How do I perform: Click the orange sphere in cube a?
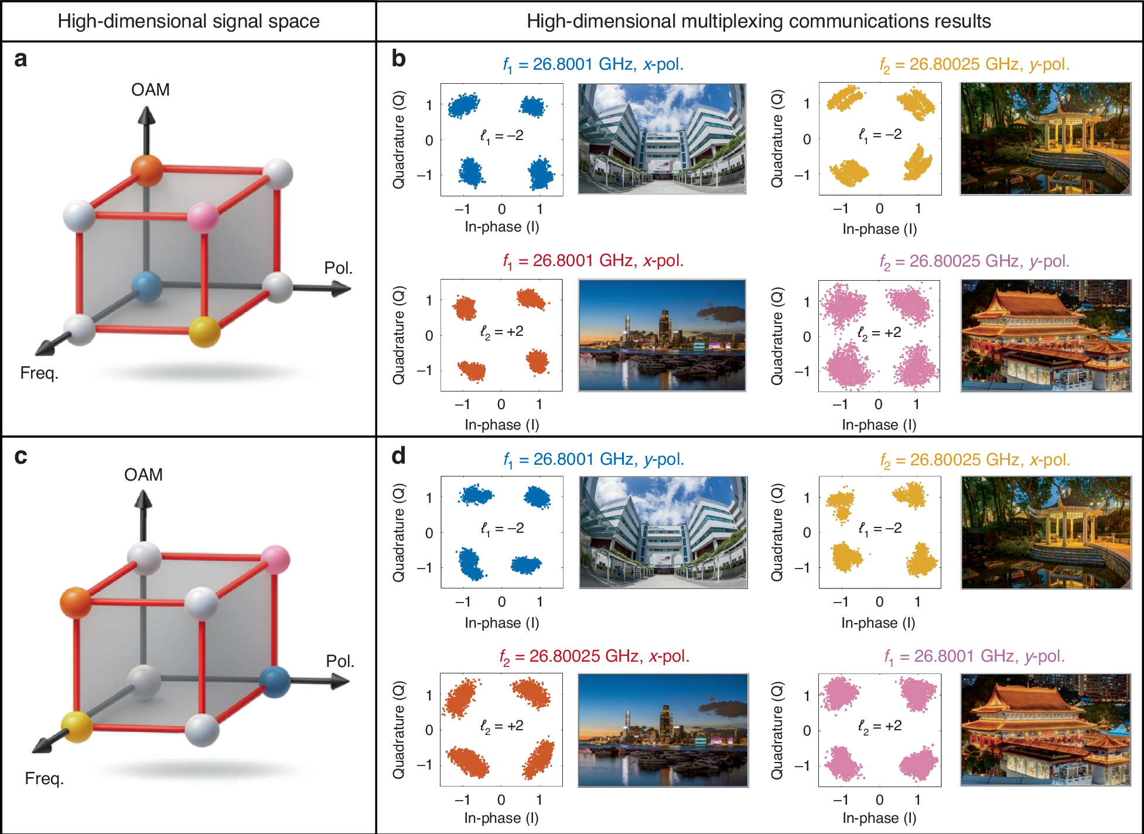pyautogui.click(x=147, y=171)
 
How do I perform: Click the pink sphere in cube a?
pyautogui.click(x=203, y=217)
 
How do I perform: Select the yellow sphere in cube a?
pyautogui.click(x=204, y=331)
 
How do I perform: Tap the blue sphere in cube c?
pyautogui.click(x=275, y=681)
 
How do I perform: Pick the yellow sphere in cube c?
pyautogui.click(x=77, y=727)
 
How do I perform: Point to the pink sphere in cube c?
pyautogui.click(x=275, y=560)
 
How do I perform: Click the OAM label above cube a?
pyautogui.click(x=150, y=90)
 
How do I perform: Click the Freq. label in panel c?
pyautogui.click(x=44, y=778)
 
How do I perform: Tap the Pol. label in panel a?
pyautogui.click(x=338, y=268)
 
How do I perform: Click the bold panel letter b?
pyautogui.click(x=398, y=59)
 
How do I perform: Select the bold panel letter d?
pyautogui.click(x=398, y=455)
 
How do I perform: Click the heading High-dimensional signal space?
pyautogui.click(x=188, y=21)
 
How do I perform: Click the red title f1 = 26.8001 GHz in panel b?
pyautogui.click(x=593, y=261)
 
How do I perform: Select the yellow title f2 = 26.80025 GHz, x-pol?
pyautogui.click(x=975, y=460)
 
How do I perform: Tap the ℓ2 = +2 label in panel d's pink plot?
pyautogui.click(x=879, y=726)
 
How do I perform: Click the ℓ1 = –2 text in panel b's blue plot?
pyautogui.click(x=501, y=136)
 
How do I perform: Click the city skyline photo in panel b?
pyautogui.click(x=662, y=335)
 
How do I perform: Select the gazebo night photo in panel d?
pyautogui.click(x=1046, y=532)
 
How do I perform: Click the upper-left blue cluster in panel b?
pyautogui.click(x=463, y=105)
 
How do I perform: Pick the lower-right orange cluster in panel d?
pyautogui.click(x=538, y=760)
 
